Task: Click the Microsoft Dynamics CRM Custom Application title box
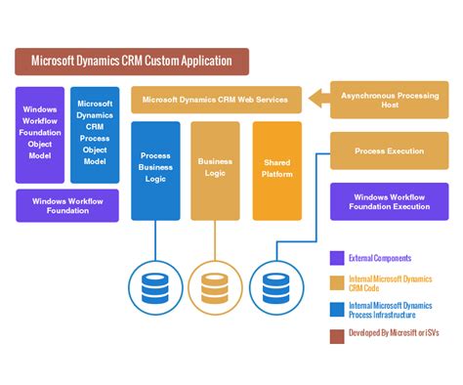(x=132, y=62)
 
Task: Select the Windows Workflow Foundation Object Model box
(x=40, y=135)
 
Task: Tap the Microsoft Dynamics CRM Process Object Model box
(x=95, y=135)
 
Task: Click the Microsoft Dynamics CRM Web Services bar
(x=217, y=99)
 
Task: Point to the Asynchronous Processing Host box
(x=389, y=100)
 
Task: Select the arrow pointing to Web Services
(x=317, y=99)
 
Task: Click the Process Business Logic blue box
(x=155, y=170)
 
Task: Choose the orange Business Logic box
(x=215, y=170)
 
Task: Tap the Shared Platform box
(x=277, y=170)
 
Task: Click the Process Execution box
(x=389, y=151)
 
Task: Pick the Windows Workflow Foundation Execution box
(x=389, y=200)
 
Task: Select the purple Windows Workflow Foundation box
(x=67, y=205)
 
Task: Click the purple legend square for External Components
(x=337, y=259)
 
